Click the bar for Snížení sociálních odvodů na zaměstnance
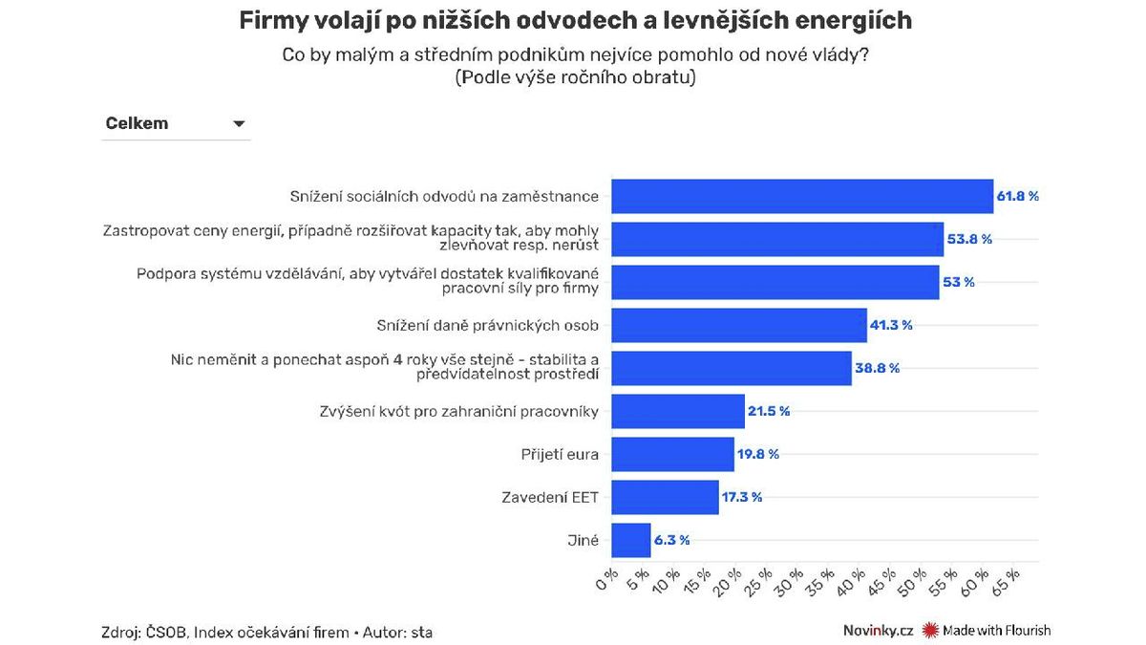(802, 196)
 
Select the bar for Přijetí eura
(672, 454)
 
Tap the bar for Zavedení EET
(665, 497)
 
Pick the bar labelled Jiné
(630, 540)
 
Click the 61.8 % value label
(1018, 196)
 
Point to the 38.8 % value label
(878, 368)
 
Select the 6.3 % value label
(671, 540)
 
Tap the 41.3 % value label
(891, 325)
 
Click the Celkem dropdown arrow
(239, 124)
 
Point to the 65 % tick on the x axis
(1008, 579)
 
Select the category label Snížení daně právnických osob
(488, 325)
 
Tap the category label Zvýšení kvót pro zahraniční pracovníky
(459, 411)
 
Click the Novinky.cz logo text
(878, 630)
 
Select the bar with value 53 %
(775, 282)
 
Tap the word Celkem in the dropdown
(137, 123)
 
